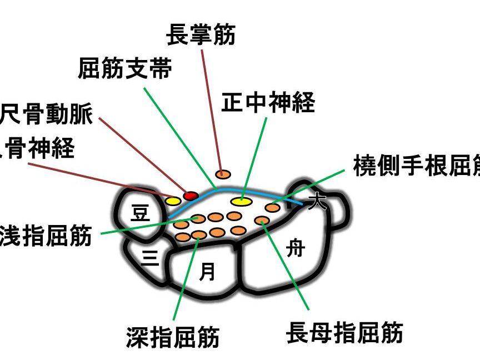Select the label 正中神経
click(x=268, y=103)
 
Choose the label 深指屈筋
click(x=173, y=337)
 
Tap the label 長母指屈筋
click(x=344, y=333)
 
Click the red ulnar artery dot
click(x=191, y=196)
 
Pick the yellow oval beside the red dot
click(x=173, y=201)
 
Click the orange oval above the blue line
click(x=222, y=174)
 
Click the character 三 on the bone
click(x=149, y=258)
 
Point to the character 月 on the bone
click(x=207, y=271)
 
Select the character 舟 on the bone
click(x=295, y=249)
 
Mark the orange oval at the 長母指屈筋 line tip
click(x=262, y=221)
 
